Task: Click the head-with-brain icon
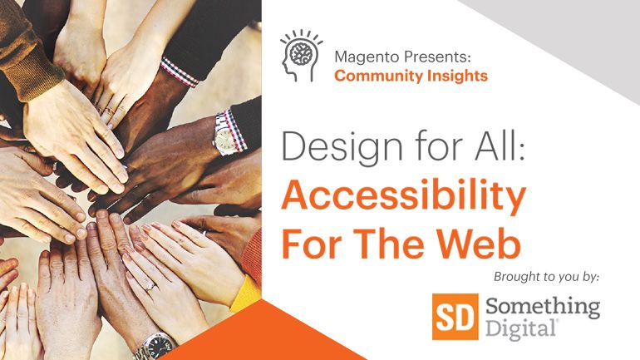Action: [x=301, y=56]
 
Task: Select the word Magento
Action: [x=367, y=57]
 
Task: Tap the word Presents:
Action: [x=437, y=57]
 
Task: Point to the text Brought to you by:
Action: [x=547, y=277]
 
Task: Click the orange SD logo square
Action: [x=455, y=317]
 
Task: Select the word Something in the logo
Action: [x=543, y=308]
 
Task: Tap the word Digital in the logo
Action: [x=521, y=329]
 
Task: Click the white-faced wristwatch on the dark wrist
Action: [x=223, y=136]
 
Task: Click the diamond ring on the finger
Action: [x=150, y=286]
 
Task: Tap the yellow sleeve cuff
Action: [x=246, y=293]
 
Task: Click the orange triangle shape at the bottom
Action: [x=261, y=335]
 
